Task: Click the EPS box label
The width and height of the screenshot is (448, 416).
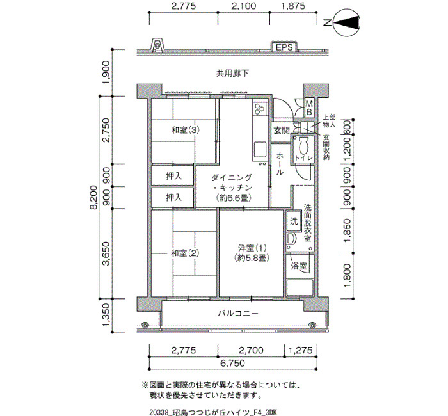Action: (x=284, y=47)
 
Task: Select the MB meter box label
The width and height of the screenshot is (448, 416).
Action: (x=309, y=108)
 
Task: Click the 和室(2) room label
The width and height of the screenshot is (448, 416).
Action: (x=185, y=253)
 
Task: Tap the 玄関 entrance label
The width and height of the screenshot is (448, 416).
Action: (x=282, y=131)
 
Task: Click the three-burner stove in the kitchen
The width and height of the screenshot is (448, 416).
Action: (x=260, y=108)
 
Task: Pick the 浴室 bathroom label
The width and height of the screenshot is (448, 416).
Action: (x=299, y=266)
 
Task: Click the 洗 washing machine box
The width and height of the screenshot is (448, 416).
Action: (x=294, y=221)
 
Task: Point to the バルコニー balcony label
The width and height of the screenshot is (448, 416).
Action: (x=238, y=314)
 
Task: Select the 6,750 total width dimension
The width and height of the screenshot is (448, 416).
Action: (x=232, y=363)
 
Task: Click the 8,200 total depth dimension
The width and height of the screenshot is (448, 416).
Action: (x=93, y=198)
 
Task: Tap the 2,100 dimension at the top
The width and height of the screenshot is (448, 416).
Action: (x=244, y=6)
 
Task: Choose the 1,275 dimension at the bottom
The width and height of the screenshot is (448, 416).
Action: (x=301, y=349)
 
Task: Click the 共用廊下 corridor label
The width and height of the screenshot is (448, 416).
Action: (x=232, y=74)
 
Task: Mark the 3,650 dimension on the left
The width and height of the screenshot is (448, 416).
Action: (x=106, y=253)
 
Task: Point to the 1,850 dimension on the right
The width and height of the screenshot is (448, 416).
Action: (x=347, y=230)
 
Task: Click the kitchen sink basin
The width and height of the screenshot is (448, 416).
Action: (x=260, y=149)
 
